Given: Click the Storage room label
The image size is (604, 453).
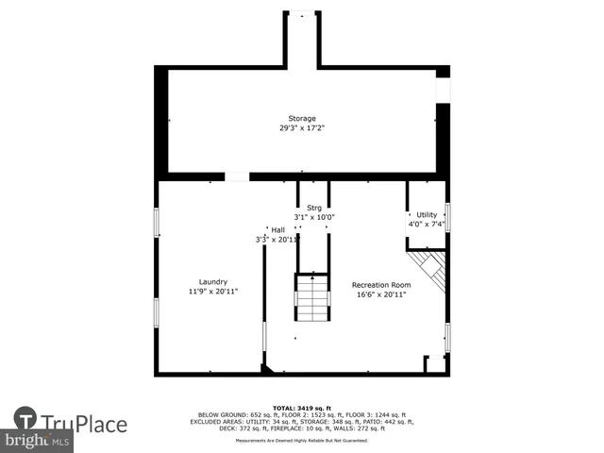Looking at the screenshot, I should pyautogui.click(x=302, y=118).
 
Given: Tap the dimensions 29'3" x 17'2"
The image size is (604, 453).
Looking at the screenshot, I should pyautogui.click(x=302, y=128).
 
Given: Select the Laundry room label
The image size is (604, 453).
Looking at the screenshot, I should pyautogui.click(x=212, y=281).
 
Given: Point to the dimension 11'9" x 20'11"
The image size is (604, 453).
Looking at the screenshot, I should pyautogui.click(x=212, y=292).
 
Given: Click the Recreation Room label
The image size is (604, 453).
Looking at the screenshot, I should pyautogui.click(x=381, y=285).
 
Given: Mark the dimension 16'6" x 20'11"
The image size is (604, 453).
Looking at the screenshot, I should pyautogui.click(x=381, y=295).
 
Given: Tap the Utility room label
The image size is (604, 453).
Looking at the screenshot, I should pyautogui.click(x=427, y=215).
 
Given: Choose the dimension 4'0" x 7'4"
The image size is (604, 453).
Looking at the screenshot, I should pyautogui.click(x=427, y=225).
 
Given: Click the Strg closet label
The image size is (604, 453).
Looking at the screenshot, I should pyautogui.click(x=314, y=207).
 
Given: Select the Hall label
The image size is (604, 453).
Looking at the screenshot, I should pyautogui.click(x=277, y=229).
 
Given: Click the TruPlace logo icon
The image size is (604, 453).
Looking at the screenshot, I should pyautogui.click(x=25, y=418).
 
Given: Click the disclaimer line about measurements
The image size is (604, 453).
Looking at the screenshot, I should pyautogui.click(x=302, y=440).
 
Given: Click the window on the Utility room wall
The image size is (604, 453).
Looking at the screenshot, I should pyautogui.click(x=447, y=216).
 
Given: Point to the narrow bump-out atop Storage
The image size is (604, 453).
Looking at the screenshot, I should pyautogui.click(x=302, y=38).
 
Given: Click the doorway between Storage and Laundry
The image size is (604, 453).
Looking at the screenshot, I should pyautogui.click(x=237, y=176).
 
